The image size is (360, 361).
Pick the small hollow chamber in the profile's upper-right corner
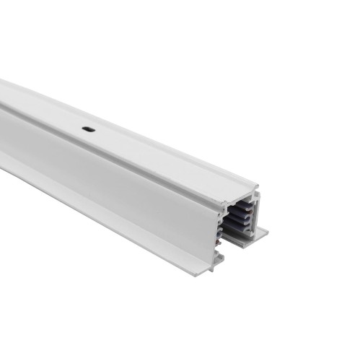point(248,194)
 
